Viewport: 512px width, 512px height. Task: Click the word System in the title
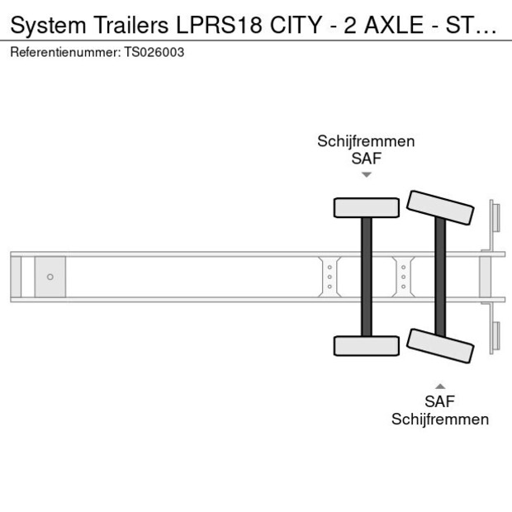coord(49,25)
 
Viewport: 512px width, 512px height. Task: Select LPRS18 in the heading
coord(220,25)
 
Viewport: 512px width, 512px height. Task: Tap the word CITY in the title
coord(296,25)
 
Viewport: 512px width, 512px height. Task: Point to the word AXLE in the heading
coord(394,25)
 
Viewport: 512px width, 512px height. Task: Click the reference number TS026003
coord(154,52)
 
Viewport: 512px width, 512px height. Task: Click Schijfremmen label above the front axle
coord(366,142)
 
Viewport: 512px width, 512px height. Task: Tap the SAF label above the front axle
coord(367,159)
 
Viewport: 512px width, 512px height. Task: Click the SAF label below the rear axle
coord(440,401)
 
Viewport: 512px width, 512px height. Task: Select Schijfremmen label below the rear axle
coord(440,420)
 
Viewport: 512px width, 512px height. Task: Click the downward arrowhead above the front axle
coord(367,175)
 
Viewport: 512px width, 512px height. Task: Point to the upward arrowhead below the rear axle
coord(440,386)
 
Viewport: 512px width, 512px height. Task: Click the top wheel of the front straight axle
coord(367,207)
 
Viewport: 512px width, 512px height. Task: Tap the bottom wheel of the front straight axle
coord(367,346)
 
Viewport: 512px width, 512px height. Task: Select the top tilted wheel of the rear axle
coord(440,207)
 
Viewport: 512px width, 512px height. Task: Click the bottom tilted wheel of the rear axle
coord(440,346)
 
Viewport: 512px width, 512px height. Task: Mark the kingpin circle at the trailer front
coord(50,277)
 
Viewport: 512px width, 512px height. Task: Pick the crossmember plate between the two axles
coord(404,277)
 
